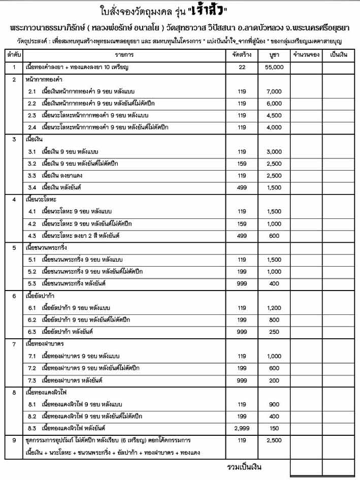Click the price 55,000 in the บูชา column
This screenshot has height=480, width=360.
(x=274, y=67)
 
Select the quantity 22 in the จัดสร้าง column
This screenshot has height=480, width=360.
(x=241, y=67)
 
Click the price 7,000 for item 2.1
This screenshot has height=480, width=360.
(x=274, y=91)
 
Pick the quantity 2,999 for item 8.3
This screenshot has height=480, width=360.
(x=241, y=428)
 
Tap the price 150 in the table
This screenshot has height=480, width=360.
(x=274, y=428)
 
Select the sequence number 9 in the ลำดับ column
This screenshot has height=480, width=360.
(x=14, y=440)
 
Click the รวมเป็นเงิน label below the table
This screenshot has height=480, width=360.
(x=244, y=466)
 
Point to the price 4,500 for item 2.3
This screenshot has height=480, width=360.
(x=274, y=115)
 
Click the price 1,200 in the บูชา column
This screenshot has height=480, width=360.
(x=274, y=308)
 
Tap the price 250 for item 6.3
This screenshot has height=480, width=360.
(x=274, y=332)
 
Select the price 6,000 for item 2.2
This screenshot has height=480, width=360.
(x=274, y=104)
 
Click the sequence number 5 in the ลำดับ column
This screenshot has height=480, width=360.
(x=14, y=248)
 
